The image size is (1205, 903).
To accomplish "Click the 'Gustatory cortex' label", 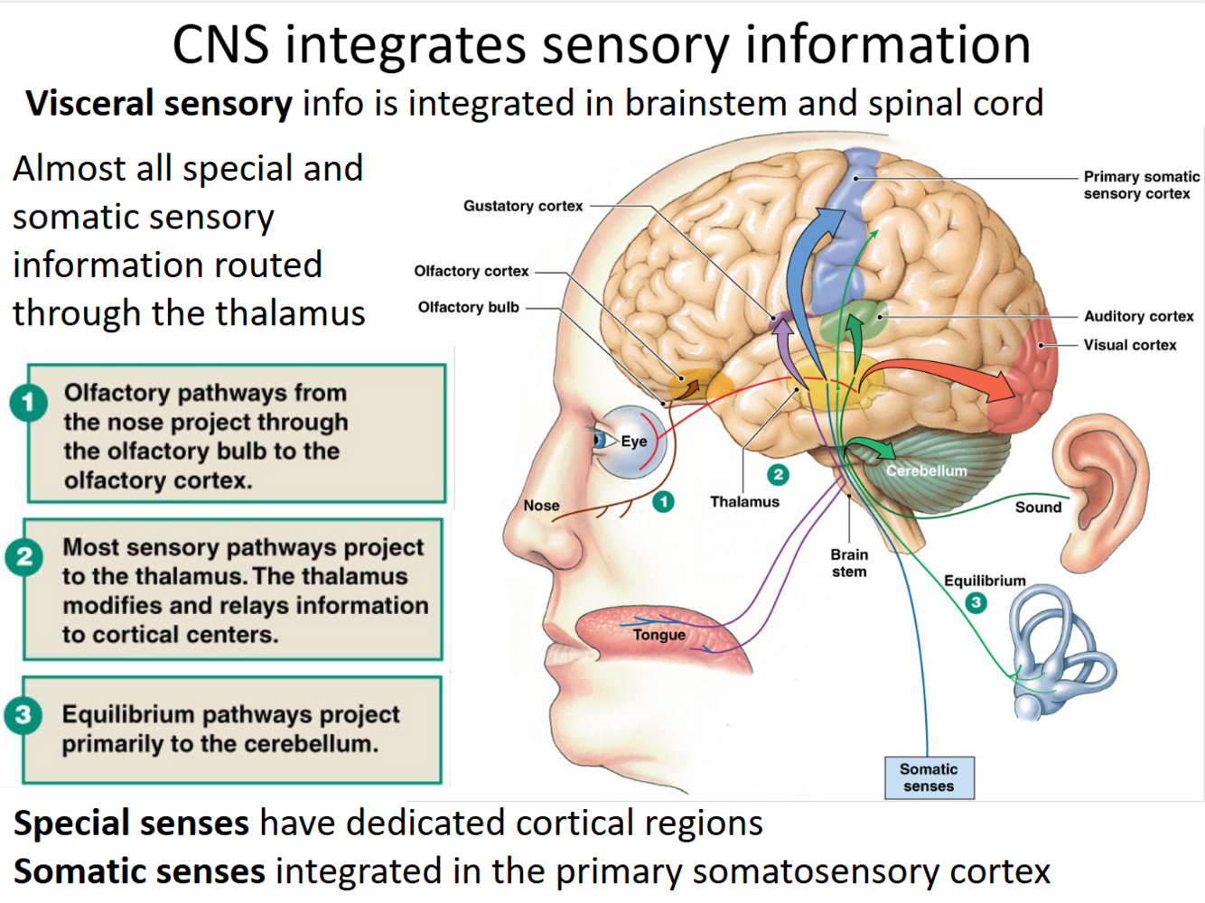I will tap(523, 206).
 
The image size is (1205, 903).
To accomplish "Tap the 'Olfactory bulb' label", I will tap(468, 307).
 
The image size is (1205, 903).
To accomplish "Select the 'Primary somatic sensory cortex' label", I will tap(1140, 185).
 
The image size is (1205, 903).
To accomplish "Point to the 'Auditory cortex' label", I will tap(1138, 316).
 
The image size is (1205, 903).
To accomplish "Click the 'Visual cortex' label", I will tap(1129, 345).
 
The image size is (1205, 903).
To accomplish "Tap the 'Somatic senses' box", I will tap(929, 777).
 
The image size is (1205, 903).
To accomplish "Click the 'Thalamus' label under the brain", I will tap(744, 502).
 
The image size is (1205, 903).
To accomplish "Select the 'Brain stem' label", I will tap(849, 563).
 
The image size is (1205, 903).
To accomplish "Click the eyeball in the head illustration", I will tap(628, 442).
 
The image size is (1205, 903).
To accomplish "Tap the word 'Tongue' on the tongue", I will tap(659, 635).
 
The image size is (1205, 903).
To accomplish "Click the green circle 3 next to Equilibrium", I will tap(976, 602).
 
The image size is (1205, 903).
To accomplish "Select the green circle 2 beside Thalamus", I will tap(778, 475).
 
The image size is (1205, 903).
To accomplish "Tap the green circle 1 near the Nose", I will tap(663, 502).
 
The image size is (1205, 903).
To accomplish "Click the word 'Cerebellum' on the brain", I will tap(926, 470).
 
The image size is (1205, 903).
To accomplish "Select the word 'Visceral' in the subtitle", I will tap(89, 104).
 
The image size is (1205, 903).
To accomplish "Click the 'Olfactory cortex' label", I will tap(471, 271).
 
